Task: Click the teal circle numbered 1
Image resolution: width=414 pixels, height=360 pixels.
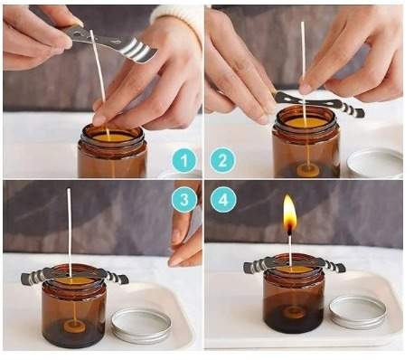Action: point(183,160)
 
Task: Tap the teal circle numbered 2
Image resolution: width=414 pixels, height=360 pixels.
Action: point(222,160)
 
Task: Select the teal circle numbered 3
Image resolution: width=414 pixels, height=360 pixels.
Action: point(183,200)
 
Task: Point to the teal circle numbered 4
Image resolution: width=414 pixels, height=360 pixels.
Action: point(222,200)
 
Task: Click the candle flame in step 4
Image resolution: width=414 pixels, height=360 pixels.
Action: point(289,213)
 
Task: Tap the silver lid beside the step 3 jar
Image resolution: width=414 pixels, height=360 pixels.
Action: point(141,326)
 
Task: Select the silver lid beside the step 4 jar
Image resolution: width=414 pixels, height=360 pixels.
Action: point(358,312)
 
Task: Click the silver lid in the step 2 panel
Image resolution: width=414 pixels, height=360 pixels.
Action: point(375,163)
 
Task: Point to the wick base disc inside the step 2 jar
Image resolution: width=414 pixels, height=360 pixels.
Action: point(307,171)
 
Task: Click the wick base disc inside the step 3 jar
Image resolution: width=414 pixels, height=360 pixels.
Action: point(74,326)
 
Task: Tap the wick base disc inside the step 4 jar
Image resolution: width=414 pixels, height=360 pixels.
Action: point(293,312)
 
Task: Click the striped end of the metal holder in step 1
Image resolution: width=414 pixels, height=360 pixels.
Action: point(139,51)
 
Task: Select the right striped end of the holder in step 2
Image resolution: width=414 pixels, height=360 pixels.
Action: point(353,109)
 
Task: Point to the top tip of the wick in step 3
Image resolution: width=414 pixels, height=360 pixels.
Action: point(69,189)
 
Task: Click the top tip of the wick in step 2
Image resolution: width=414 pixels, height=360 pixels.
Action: point(303,23)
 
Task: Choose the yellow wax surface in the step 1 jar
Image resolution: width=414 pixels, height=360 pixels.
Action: point(112,137)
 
